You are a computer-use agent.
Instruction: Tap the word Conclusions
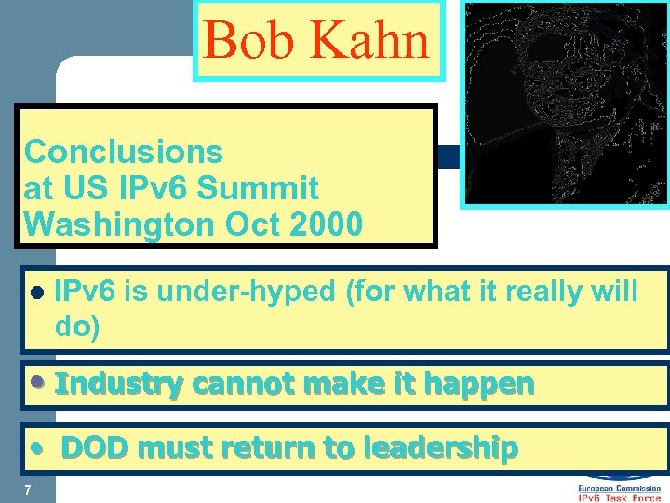click(x=124, y=152)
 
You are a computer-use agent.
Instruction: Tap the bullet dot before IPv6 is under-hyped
click(x=37, y=292)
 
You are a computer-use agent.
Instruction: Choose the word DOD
click(x=98, y=448)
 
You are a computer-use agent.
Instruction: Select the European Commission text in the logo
click(x=620, y=487)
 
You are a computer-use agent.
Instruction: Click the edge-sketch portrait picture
click(x=565, y=102)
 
